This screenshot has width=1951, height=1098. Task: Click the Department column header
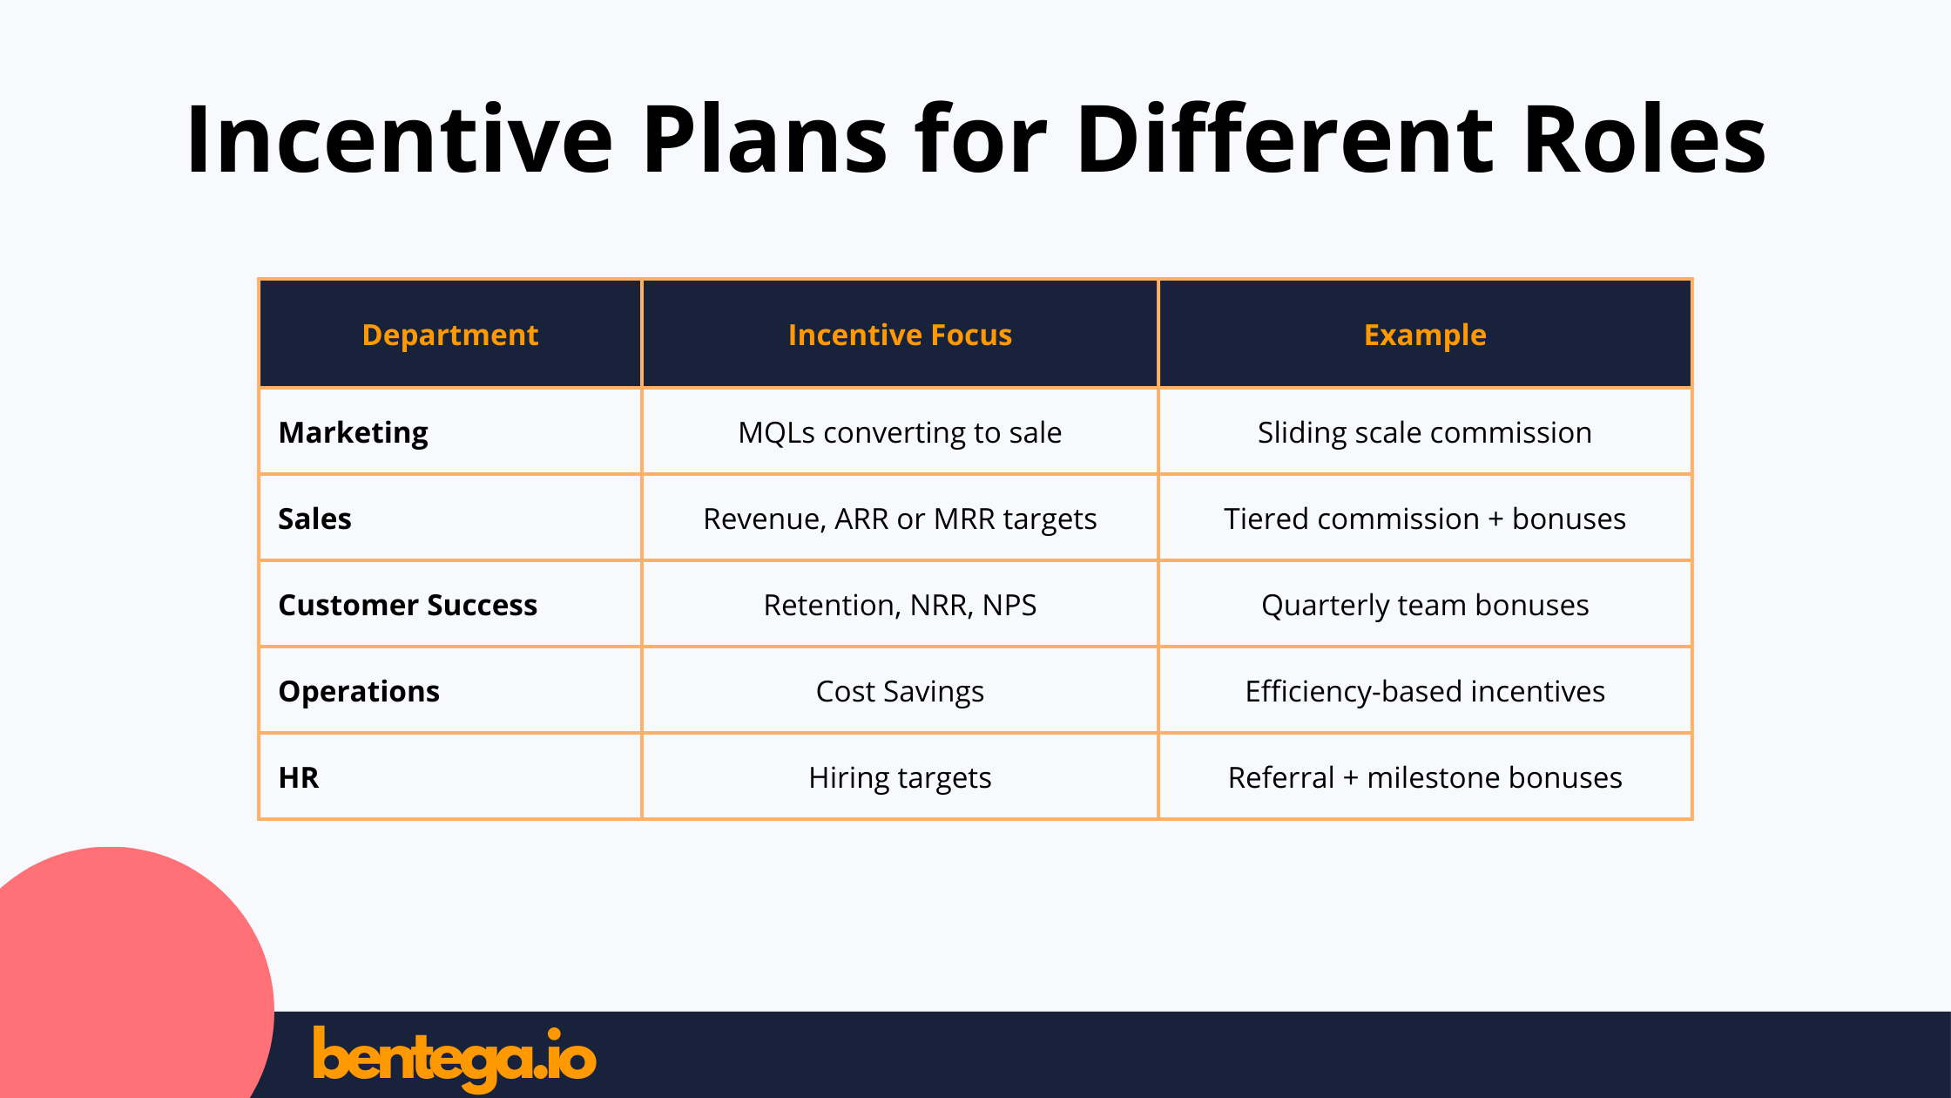click(x=450, y=335)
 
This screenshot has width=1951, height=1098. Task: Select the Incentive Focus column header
click(x=900, y=335)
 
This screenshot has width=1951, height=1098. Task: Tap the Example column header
click(x=1425, y=335)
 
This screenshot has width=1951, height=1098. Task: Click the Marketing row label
click(x=353, y=432)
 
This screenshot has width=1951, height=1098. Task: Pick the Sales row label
click(x=314, y=518)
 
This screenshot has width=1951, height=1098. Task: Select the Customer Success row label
click(x=408, y=605)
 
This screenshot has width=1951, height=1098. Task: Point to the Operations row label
click(x=359, y=691)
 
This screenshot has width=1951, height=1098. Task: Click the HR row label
click(x=299, y=777)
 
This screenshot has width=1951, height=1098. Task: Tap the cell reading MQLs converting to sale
click(x=900, y=432)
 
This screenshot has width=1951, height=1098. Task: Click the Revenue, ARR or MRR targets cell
click(x=900, y=518)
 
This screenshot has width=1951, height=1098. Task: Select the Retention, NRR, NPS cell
click(x=900, y=605)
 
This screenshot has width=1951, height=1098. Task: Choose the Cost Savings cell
click(x=900, y=691)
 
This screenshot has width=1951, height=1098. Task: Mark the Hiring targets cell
click(x=900, y=777)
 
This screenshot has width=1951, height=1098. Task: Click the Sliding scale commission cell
click(x=1425, y=432)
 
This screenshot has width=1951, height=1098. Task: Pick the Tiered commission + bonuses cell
click(x=1425, y=518)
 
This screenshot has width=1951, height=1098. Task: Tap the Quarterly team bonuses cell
click(x=1425, y=605)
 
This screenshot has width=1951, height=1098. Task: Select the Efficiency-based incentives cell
click(x=1425, y=691)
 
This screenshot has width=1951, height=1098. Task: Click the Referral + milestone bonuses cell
click(x=1425, y=777)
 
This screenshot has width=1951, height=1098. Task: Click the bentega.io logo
click(x=454, y=1057)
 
